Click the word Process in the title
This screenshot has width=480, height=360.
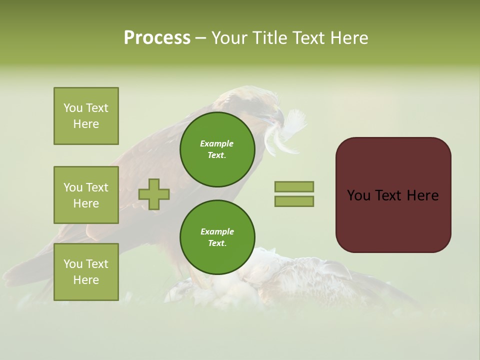point(157,38)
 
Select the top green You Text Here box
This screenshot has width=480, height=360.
point(86,116)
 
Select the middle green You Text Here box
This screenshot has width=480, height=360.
point(86,195)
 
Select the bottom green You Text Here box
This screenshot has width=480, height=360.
point(86,272)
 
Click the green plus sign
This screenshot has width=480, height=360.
point(154,194)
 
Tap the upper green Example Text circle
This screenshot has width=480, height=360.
point(217,149)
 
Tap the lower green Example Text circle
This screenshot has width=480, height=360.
point(217,237)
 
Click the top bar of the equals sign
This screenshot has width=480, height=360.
point(294,186)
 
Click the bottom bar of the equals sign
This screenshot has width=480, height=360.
point(294,201)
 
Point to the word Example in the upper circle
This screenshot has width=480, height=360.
point(217,143)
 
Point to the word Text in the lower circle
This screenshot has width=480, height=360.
point(217,243)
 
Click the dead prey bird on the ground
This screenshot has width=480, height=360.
point(290,280)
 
